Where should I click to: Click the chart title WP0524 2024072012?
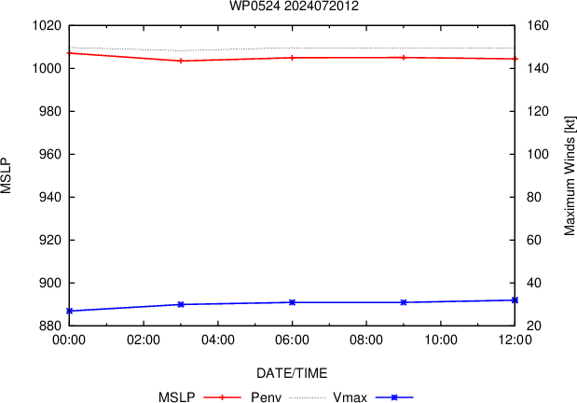coord(294,6)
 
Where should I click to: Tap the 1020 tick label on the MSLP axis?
coord(47,26)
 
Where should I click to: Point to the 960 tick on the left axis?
coord(50,154)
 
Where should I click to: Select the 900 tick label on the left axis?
coord(50,283)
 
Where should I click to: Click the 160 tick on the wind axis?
coord(538,26)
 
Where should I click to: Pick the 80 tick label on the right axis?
coord(534,197)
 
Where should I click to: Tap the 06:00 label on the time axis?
coord(292,340)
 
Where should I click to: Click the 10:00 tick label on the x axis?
coord(441,340)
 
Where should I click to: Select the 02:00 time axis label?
coord(144,340)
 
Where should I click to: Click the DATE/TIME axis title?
coord(292,373)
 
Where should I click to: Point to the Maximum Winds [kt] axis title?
coord(570,175)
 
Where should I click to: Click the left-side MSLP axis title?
coord(6,176)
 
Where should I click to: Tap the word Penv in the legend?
coord(266,397)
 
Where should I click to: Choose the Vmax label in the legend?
coord(350,397)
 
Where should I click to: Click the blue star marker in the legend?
coord(394,397)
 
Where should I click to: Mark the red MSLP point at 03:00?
coord(181,61)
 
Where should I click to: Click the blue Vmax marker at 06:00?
coord(292,302)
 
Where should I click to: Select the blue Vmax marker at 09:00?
coord(404,302)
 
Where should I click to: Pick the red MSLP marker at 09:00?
coord(404,58)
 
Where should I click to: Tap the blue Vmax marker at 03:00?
coord(181,304)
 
